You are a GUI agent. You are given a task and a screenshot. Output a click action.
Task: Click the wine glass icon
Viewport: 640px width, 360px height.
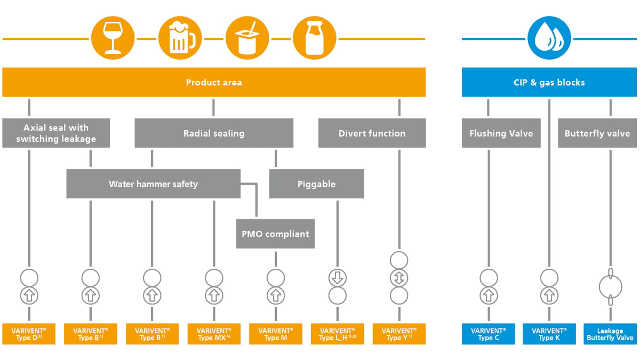[113, 38]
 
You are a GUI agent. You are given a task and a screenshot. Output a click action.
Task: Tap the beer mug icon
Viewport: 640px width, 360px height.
[180, 38]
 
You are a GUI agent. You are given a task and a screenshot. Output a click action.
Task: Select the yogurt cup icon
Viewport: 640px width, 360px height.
[247, 38]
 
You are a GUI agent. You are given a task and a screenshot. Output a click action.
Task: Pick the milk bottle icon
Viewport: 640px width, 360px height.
[315, 38]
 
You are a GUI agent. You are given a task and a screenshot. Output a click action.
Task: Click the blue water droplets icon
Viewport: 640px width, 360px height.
[549, 38]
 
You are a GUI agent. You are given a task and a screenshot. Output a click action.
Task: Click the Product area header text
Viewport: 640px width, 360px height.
[214, 83]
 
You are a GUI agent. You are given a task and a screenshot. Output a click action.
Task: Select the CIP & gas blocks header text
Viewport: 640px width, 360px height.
[549, 83]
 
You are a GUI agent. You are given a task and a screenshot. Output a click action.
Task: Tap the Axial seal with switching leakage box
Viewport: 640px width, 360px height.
[56, 133]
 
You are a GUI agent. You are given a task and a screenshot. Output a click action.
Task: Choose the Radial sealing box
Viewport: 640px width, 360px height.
[214, 133]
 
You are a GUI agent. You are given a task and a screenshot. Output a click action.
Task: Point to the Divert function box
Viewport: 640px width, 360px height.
[372, 133]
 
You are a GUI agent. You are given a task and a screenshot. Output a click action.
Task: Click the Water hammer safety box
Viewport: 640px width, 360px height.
[154, 183]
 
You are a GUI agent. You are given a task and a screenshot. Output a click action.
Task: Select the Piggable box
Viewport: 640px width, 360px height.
[317, 183]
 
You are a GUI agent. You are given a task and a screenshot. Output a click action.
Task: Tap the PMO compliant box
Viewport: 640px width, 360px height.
[275, 234]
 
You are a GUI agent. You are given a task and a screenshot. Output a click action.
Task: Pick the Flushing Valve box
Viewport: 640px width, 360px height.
[501, 133]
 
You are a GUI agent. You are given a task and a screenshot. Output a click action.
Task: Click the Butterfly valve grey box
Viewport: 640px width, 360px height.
[597, 133]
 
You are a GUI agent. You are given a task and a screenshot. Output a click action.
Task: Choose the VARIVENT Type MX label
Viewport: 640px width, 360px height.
[214, 334]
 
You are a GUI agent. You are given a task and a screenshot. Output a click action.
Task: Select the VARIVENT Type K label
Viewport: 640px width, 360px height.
[549, 334]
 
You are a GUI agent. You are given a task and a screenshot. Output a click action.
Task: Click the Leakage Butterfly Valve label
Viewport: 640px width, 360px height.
[610, 334]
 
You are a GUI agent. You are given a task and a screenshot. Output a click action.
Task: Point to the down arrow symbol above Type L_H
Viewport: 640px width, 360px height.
[338, 278]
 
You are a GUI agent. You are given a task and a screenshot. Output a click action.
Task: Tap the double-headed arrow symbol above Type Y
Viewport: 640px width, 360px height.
[399, 278]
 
